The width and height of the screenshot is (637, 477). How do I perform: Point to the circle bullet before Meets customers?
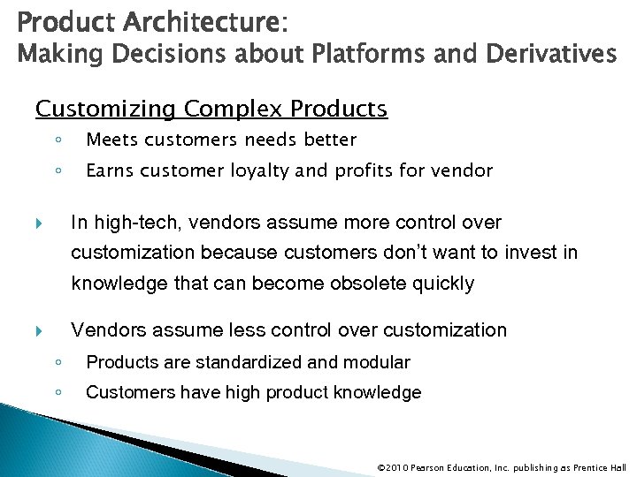point(56,140)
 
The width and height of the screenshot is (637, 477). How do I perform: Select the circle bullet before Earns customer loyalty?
point(56,170)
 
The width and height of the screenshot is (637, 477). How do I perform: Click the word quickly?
point(442,284)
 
